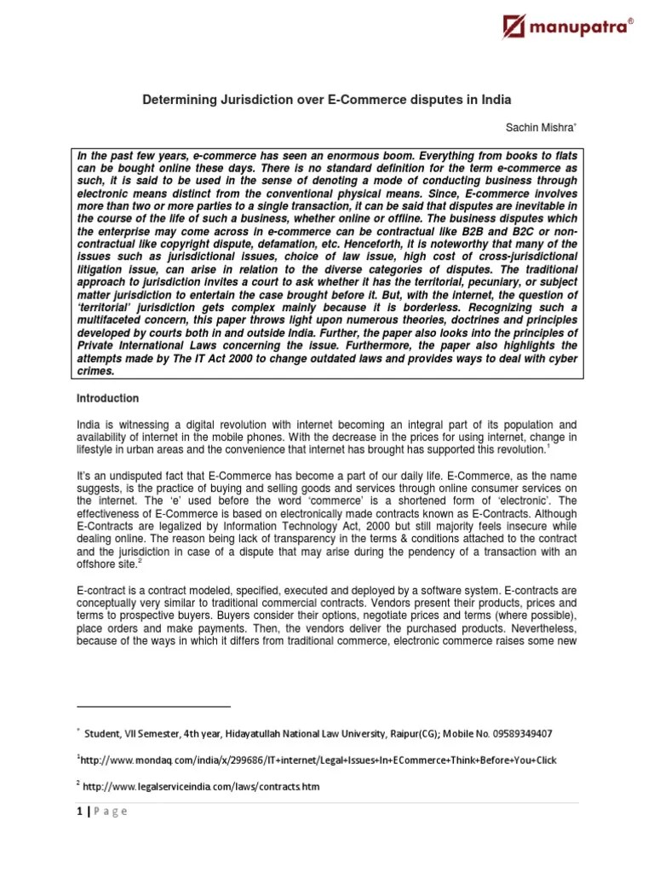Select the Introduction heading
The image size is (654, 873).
pos(108,398)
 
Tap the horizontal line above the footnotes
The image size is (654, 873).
pos(153,706)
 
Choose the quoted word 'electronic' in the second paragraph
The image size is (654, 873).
pos(540,500)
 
